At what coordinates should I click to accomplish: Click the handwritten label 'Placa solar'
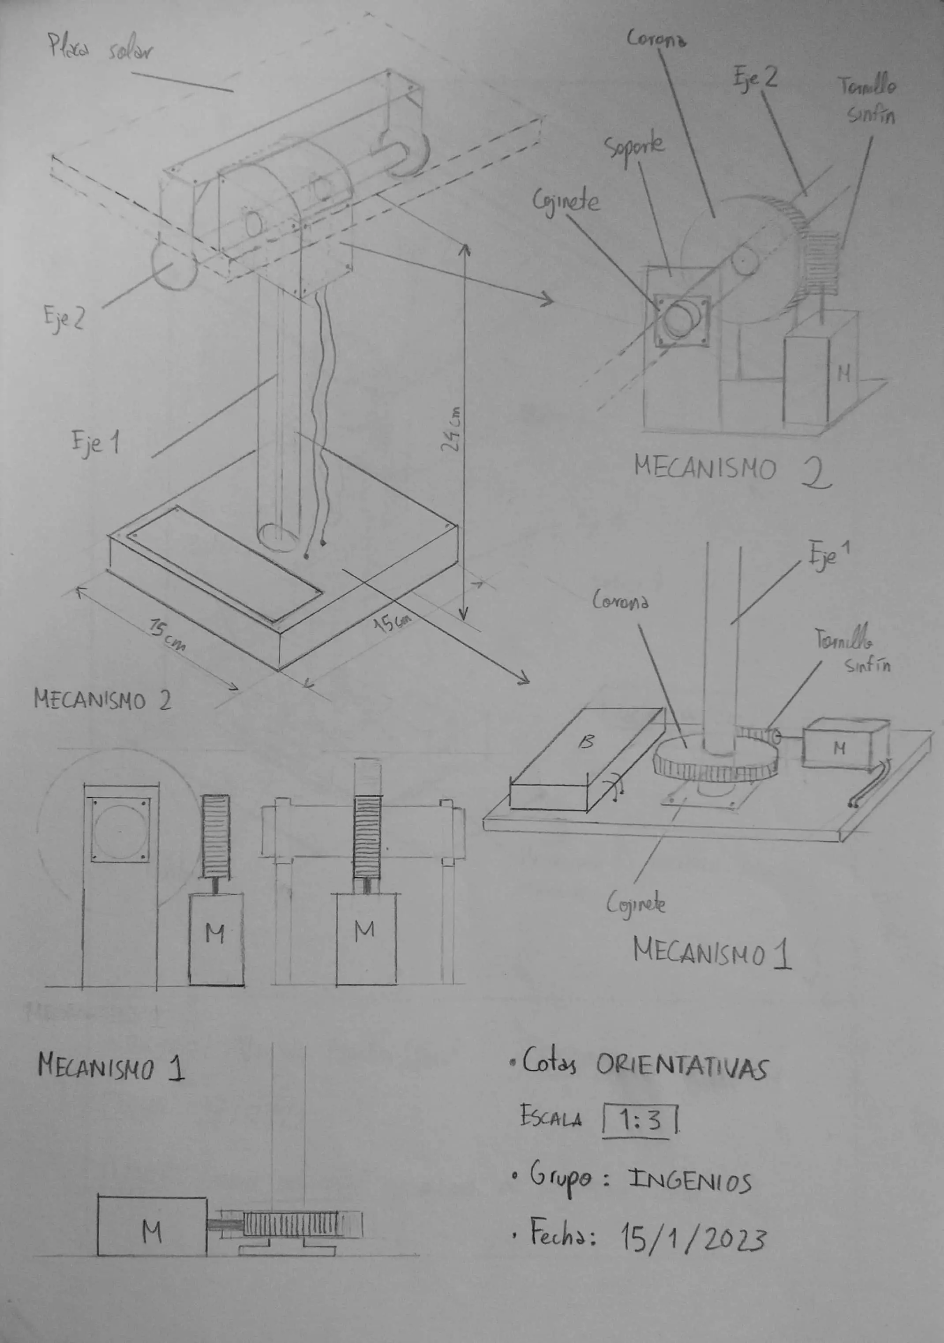(x=99, y=50)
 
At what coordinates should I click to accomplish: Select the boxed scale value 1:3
(x=639, y=1120)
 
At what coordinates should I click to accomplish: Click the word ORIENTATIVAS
(x=682, y=1068)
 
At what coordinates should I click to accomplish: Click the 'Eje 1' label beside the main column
(x=95, y=442)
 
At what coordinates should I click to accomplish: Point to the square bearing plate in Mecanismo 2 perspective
(x=682, y=321)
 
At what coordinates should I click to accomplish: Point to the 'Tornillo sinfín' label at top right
(x=869, y=101)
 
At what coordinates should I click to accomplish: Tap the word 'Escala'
(x=551, y=1118)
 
